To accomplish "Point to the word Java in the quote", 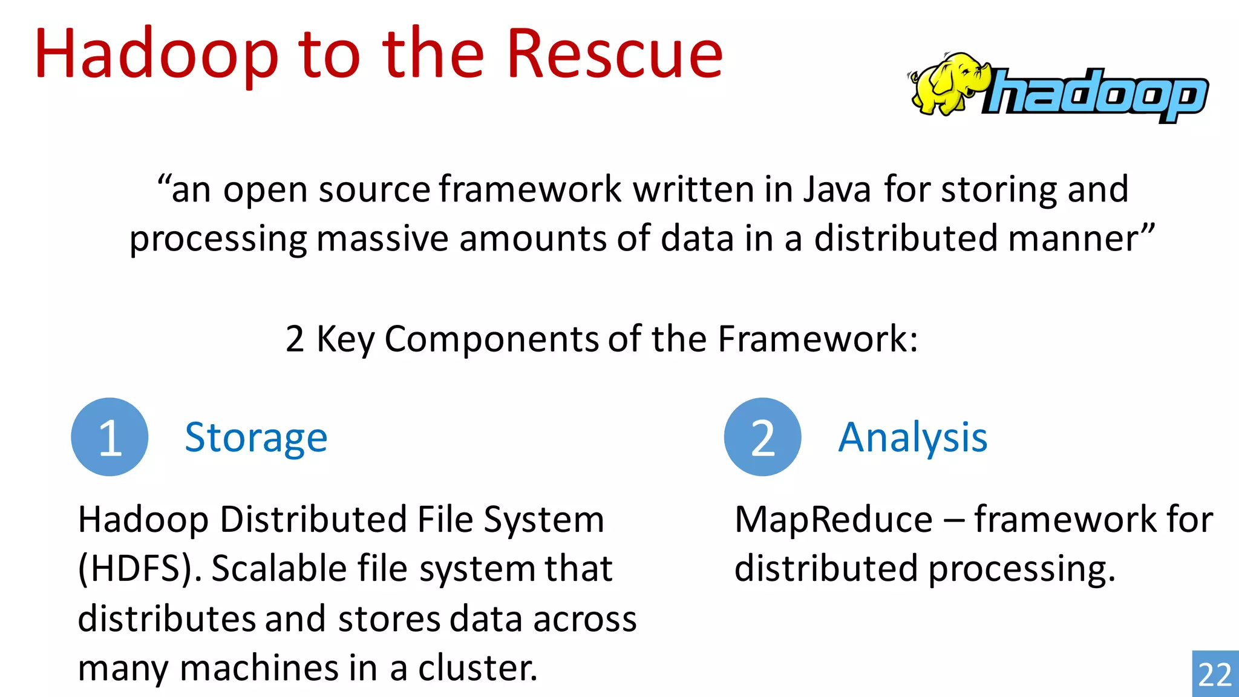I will [x=837, y=189].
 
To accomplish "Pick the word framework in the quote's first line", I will [x=530, y=189].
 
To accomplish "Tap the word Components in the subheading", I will [x=492, y=339].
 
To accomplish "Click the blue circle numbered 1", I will [x=110, y=437].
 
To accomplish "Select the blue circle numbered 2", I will [x=762, y=437].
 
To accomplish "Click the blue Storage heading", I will [x=256, y=437].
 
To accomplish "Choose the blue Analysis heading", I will [x=912, y=437].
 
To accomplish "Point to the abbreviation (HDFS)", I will [x=140, y=569].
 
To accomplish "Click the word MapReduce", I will [x=833, y=520].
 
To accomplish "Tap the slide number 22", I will [x=1215, y=675].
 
